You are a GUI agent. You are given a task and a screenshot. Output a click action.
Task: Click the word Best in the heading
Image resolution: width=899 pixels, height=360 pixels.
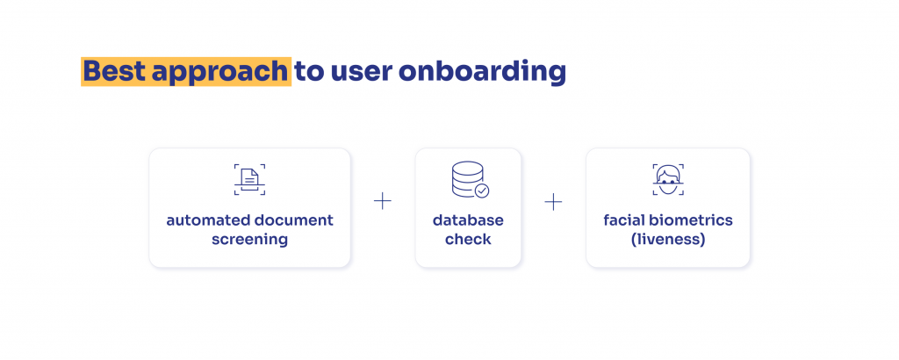115,72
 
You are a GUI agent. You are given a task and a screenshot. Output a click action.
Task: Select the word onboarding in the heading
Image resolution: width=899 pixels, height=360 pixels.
482,73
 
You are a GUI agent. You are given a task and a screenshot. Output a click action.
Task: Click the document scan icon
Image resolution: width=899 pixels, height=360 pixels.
249,179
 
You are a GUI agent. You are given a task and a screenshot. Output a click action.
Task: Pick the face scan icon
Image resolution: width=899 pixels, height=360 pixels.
668,179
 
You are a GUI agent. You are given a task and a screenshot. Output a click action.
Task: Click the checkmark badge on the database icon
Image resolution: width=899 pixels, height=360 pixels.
482,191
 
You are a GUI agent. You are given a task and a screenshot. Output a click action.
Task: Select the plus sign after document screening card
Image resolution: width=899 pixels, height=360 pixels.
383,201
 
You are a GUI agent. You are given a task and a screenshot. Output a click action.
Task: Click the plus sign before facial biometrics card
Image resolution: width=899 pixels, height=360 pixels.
553,201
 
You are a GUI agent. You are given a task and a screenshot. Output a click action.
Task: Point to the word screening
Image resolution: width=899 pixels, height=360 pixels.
249,240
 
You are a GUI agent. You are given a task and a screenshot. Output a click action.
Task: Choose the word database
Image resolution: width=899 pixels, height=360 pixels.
468,220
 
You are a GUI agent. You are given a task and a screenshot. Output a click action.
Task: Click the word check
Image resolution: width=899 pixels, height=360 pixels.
468,239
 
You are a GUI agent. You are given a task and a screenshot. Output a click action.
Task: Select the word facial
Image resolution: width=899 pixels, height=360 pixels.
623,220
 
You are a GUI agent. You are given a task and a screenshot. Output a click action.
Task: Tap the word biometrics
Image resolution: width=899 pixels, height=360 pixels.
690,220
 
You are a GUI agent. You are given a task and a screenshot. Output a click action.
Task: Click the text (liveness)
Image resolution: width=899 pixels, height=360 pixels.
668,240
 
